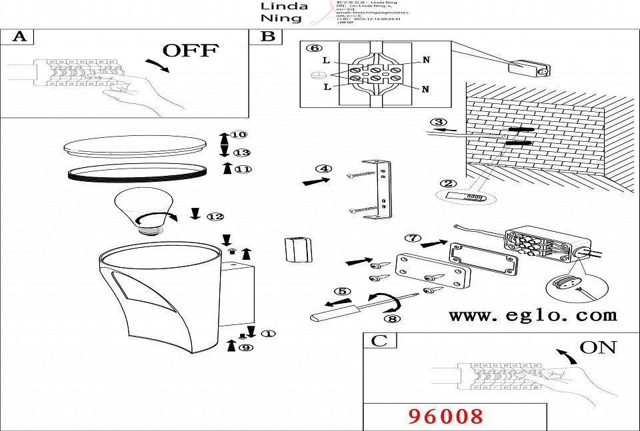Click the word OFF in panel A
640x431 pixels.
(x=191, y=51)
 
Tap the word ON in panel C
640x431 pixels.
(x=597, y=347)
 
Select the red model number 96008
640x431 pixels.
(x=445, y=416)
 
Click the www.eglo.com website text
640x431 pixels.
(x=533, y=315)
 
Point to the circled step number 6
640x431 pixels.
(x=313, y=48)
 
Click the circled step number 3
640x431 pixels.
(x=437, y=122)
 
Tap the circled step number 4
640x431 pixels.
(x=323, y=169)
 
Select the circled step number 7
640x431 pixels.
(x=413, y=237)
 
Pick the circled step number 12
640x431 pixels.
(x=215, y=216)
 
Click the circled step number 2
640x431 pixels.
(x=448, y=183)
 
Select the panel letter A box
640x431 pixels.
(x=19, y=36)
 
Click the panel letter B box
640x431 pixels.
(x=267, y=36)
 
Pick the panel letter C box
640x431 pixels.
(x=379, y=341)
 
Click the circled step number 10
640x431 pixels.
(x=238, y=135)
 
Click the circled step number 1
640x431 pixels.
(x=268, y=333)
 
